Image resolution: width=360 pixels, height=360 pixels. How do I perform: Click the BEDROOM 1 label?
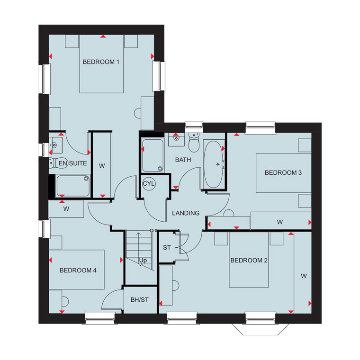[x=101, y=62]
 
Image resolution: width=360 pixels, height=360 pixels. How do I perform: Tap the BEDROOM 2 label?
[x=249, y=261]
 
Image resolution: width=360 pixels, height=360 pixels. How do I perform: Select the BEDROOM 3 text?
[x=283, y=172]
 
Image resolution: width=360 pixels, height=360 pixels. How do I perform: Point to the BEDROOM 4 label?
[x=78, y=270]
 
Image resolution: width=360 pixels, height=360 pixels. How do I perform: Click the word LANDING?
[x=186, y=213]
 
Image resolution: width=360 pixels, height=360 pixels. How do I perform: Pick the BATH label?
[x=183, y=160]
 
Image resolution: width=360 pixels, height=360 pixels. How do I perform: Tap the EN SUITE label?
[x=72, y=163]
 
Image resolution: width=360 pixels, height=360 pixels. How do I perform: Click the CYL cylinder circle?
[x=149, y=184]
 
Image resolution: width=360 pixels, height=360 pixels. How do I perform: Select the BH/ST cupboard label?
[x=140, y=300]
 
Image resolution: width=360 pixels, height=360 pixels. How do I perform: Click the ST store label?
[x=167, y=247]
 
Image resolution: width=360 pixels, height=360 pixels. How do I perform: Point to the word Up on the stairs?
[x=143, y=261]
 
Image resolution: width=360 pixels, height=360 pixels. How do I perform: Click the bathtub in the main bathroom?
[x=213, y=164]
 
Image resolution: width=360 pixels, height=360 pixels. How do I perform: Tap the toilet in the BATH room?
[x=194, y=143]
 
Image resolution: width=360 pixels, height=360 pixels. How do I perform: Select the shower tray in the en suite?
[x=73, y=186]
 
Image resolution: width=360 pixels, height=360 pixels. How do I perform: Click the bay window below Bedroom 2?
[x=261, y=329]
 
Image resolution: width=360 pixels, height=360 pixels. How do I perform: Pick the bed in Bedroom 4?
[x=77, y=270]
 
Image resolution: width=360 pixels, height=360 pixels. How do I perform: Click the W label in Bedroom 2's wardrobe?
[x=304, y=276]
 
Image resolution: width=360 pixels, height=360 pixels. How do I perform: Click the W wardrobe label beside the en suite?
[x=102, y=166]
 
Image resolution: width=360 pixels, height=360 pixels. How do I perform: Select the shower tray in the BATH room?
[x=153, y=155]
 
